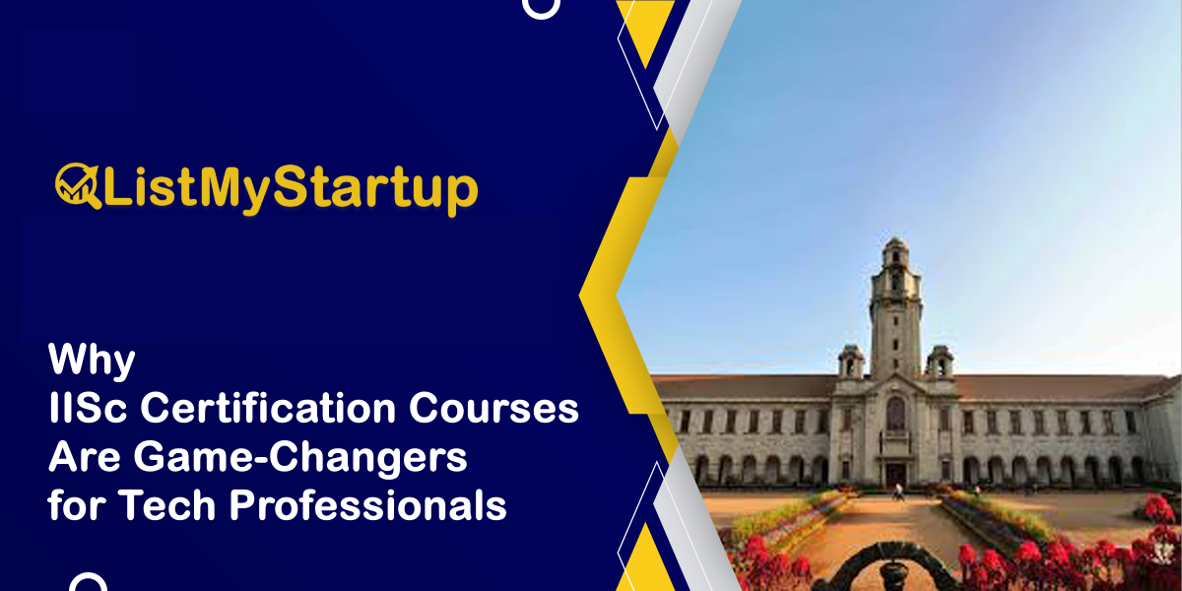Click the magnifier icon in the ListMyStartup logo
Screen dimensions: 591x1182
click(77, 186)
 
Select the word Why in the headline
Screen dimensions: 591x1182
click(92, 361)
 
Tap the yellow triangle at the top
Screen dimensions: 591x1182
click(646, 30)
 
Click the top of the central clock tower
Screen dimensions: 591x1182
click(894, 246)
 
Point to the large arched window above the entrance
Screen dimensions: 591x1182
click(894, 414)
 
